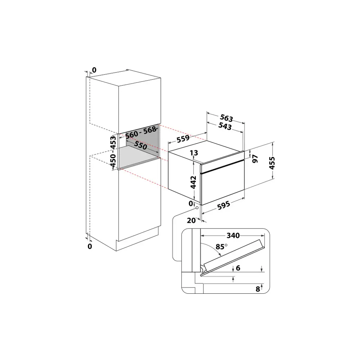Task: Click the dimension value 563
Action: point(227,118)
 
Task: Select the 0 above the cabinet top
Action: point(94,69)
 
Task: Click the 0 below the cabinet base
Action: point(90,246)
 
